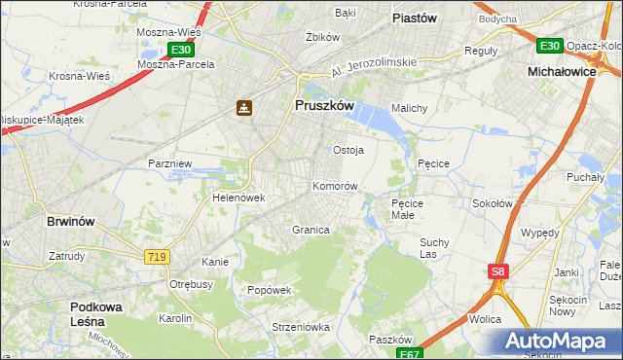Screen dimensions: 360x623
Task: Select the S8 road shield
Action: [x=497, y=272]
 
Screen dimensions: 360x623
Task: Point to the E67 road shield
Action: [x=411, y=353]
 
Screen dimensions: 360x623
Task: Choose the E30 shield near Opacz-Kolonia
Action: [x=549, y=46]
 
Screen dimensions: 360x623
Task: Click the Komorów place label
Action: [x=336, y=186]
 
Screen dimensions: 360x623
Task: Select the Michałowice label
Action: [x=561, y=72]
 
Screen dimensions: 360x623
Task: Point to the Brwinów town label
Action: [x=71, y=221]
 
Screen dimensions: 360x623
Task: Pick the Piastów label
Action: [x=414, y=18]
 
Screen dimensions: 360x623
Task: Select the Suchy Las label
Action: [x=433, y=247]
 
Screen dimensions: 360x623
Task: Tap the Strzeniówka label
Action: [x=275, y=327]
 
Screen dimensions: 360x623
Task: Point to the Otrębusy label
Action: [x=192, y=284]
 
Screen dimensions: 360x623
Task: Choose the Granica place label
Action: [x=311, y=230]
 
